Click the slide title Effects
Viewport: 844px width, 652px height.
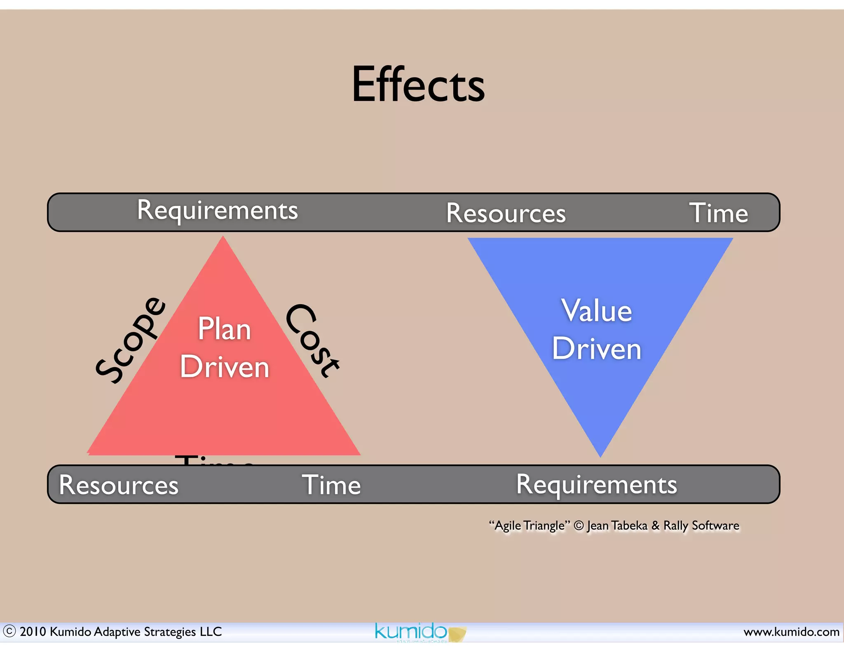pyautogui.click(x=418, y=85)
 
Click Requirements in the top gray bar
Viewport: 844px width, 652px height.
pyautogui.click(x=217, y=210)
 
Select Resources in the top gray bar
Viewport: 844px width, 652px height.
pyautogui.click(x=506, y=213)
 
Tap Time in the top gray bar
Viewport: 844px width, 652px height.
pyautogui.click(x=718, y=213)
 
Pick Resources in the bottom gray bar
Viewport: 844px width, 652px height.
pyautogui.click(x=119, y=485)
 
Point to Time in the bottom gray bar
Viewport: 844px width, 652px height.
pyautogui.click(x=331, y=485)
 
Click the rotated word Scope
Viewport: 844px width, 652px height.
pyautogui.click(x=130, y=340)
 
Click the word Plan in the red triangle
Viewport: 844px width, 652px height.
pyautogui.click(x=224, y=329)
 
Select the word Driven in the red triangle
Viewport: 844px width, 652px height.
pyautogui.click(x=225, y=367)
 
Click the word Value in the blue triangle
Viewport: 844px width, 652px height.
pyautogui.click(x=596, y=311)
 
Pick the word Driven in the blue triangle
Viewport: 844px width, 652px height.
pyautogui.click(x=596, y=349)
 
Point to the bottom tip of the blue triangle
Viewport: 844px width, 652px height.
pyautogui.click(x=600, y=455)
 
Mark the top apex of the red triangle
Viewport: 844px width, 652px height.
pyautogui.click(x=223, y=238)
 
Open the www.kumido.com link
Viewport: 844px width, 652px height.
pyautogui.click(x=791, y=632)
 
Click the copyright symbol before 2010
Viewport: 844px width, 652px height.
pyautogui.click(x=9, y=631)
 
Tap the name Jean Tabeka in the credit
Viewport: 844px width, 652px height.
pyautogui.click(x=617, y=525)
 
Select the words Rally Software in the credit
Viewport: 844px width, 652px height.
pyautogui.click(x=701, y=525)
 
